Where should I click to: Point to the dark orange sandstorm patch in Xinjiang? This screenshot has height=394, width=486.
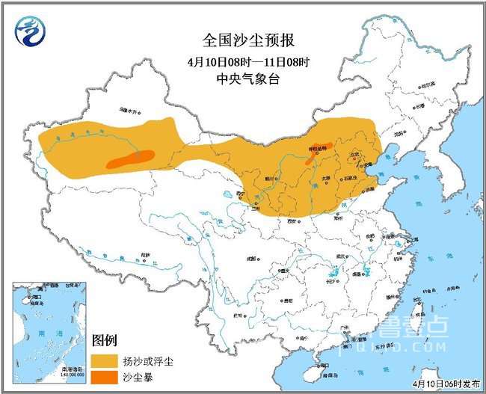(131, 158)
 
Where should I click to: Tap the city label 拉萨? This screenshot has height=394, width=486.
(142, 256)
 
